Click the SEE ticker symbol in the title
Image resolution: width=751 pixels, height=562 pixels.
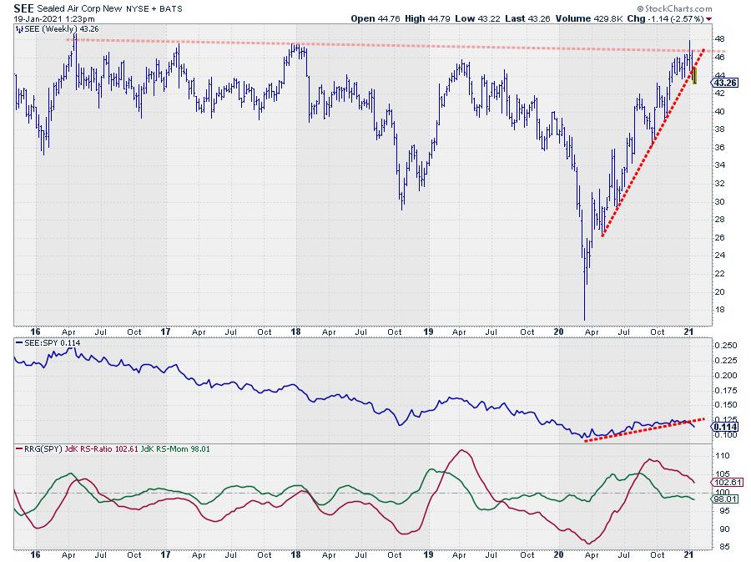pos(23,8)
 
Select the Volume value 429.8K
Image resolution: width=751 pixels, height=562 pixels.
pos(608,18)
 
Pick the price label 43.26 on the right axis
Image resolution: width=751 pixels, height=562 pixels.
pos(723,83)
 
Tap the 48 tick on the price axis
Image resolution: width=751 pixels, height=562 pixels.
pos(718,38)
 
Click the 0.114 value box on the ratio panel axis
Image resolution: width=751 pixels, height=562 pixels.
pos(723,426)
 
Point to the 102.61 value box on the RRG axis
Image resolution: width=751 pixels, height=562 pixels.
pos(724,482)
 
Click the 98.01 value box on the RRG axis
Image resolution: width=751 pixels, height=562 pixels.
pos(723,499)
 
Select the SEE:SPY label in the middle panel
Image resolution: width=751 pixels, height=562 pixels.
pos(38,343)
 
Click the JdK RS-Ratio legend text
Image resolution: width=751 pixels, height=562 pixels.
pos(91,449)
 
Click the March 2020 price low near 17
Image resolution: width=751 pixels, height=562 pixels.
pos(585,318)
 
